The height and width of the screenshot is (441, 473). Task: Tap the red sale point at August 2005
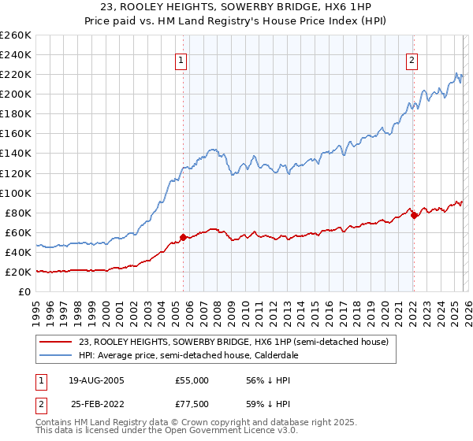pyautogui.click(x=184, y=236)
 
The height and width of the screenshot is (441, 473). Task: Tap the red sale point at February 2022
pyautogui.click(x=415, y=215)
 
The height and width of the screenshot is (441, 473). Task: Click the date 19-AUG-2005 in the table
pyautogui.click(x=95, y=380)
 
